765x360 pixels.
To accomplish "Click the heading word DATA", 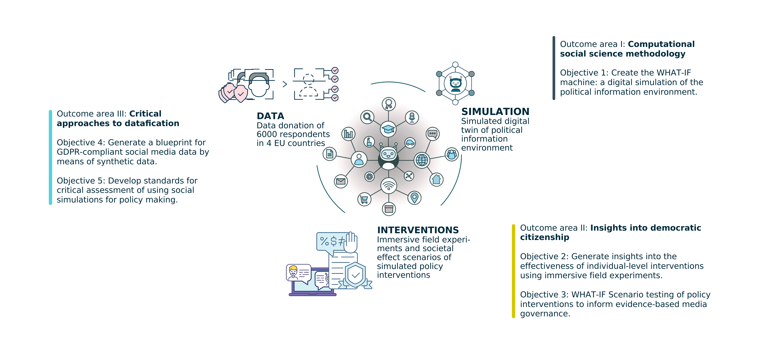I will (x=270, y=116).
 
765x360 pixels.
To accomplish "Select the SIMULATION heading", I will (x=495, y=112).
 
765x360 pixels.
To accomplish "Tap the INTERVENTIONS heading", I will (x=418, y=230).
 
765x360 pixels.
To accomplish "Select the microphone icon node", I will (x=412, y=117).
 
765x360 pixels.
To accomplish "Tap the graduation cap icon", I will (x=388, y=129).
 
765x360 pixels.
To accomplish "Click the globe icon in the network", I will (x=422, y=160).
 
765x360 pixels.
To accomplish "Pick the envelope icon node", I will (x=341, y=181).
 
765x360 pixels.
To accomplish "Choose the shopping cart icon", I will (x=364, y=199).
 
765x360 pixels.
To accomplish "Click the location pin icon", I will (x=414, y=197).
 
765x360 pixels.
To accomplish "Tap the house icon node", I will (x=436, y=179).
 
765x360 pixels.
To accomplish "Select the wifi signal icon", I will (x=388, y=186).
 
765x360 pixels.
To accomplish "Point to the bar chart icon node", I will (x=348, y=134).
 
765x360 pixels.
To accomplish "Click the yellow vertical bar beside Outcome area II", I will (x=513, y=271).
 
